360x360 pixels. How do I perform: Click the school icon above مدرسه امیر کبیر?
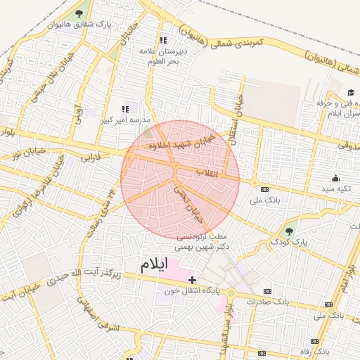point(125,109)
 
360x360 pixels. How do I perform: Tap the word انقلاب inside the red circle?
point(206,172)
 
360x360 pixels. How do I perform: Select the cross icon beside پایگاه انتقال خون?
point(193,280)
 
